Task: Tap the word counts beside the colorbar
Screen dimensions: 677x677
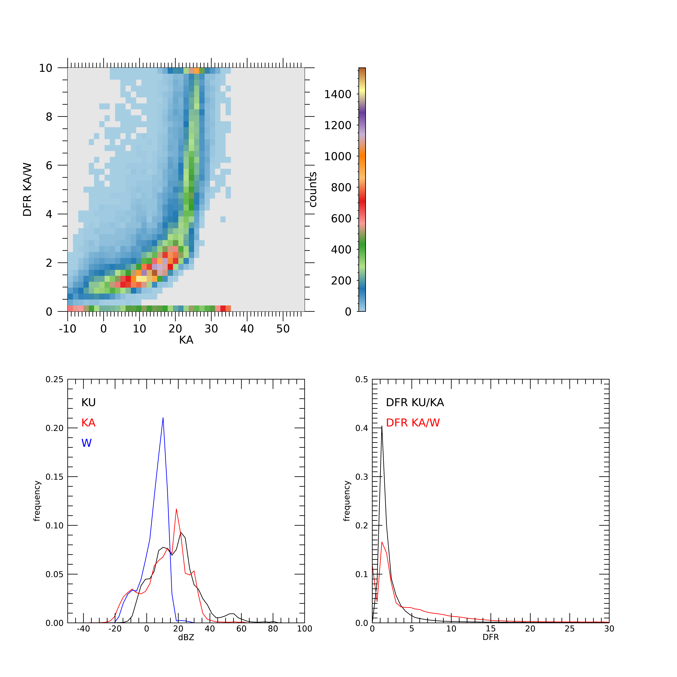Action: pyautogui.click(x=313, y=189)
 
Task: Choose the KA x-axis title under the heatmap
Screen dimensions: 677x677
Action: pyautogui.click(x=186, y=340)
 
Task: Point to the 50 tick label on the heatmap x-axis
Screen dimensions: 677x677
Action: pyautogui.click(x=283, y=329)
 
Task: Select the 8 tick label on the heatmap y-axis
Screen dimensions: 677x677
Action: pyautogui.click(x=49, y=117)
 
